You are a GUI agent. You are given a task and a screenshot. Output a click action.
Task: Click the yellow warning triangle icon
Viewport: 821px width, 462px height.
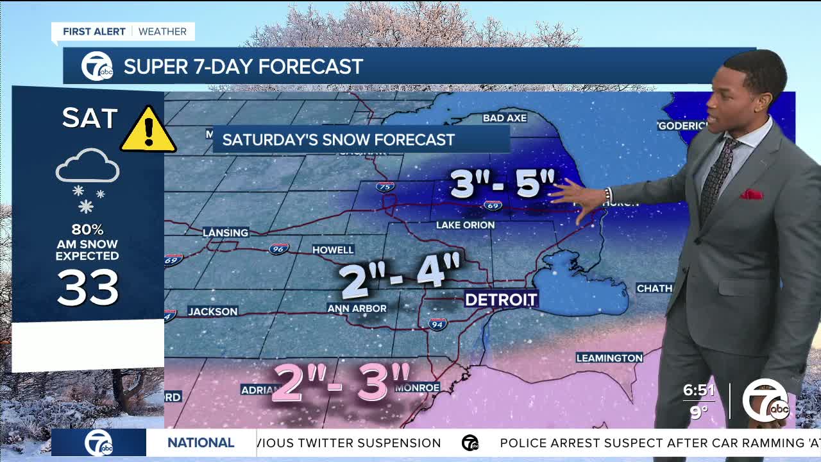148,130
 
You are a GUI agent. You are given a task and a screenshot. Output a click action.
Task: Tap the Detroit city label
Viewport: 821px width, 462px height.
501,299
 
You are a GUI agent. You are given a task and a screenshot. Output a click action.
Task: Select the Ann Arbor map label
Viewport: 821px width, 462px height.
357,309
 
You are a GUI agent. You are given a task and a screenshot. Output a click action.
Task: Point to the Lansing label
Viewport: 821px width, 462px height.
225,232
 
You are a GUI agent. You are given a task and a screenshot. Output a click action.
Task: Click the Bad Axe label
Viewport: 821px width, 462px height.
505,118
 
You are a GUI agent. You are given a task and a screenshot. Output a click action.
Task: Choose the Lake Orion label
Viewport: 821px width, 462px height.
465,225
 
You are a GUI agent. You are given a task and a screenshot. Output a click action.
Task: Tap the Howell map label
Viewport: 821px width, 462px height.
333,250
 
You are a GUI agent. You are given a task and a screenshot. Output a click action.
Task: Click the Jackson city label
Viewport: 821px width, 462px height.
213,311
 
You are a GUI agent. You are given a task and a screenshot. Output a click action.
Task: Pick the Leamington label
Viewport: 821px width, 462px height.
609,357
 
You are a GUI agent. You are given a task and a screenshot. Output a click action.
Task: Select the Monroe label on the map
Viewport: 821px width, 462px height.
418,388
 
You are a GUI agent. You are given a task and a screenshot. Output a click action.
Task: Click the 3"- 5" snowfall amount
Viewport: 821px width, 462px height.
502,184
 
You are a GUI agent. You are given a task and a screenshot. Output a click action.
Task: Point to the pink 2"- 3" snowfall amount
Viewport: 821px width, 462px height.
341,383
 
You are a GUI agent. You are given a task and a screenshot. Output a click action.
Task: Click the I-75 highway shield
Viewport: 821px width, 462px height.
385,187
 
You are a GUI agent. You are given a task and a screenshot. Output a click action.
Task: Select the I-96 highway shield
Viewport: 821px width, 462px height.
278,249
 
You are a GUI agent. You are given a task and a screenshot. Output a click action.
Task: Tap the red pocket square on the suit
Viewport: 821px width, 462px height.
751,194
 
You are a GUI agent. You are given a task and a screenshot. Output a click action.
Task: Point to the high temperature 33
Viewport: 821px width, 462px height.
88,287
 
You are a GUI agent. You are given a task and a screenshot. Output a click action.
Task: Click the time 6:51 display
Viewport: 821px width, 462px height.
698,390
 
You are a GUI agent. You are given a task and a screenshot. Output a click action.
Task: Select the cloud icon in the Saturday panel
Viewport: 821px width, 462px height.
87,167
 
